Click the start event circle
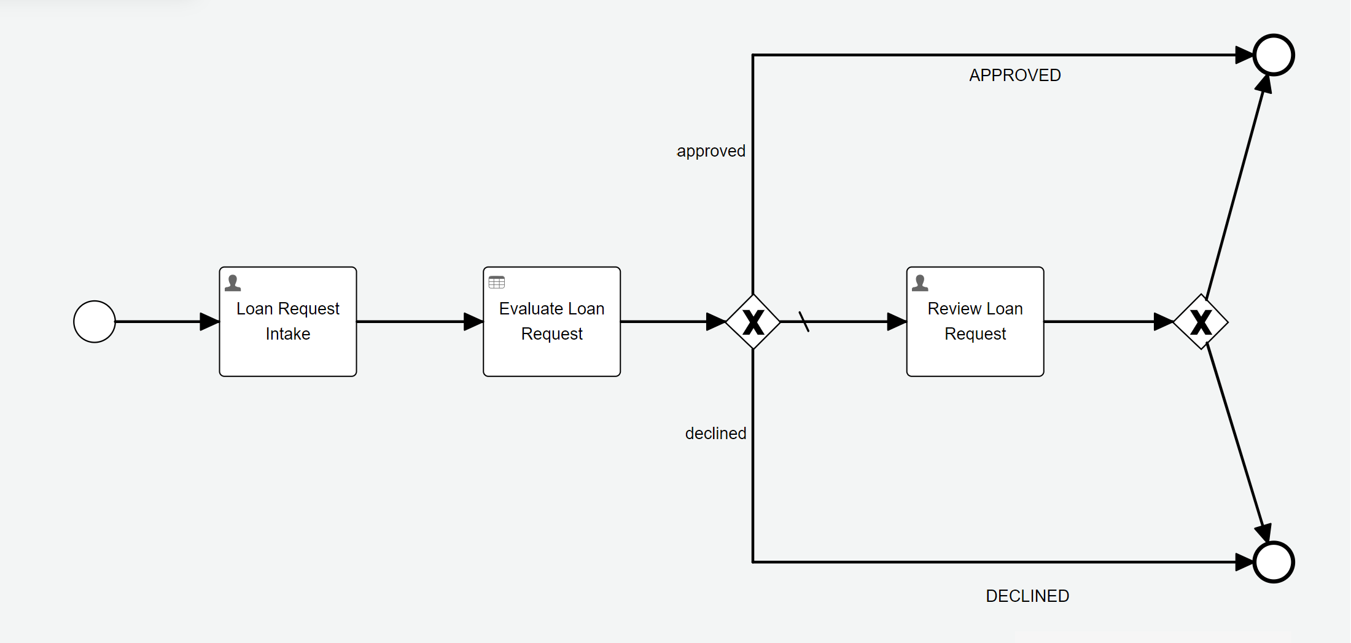coord(95,322)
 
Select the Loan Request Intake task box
coord(288,356)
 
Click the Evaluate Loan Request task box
coord(551,356)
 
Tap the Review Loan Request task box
coord(975,356)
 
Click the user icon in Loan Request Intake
coord(233,283)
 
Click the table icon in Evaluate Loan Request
coord(496,283)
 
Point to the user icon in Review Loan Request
coord(920,283)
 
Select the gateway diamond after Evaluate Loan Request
coord(753,322)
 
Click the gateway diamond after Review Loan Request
coord(1201,322)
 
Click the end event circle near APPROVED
coord(1274,55)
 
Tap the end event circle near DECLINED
coord(1274,562)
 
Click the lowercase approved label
coord(711,151)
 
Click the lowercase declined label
coord(715,434)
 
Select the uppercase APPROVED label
coord(1014,76)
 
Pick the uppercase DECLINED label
coord(1027,596)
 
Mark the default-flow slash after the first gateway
coord(804,322)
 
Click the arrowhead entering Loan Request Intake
coord(210,322)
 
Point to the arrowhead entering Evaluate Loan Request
coord(473,322)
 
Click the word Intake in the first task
coord(287,334)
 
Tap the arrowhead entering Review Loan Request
coord(897,322)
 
